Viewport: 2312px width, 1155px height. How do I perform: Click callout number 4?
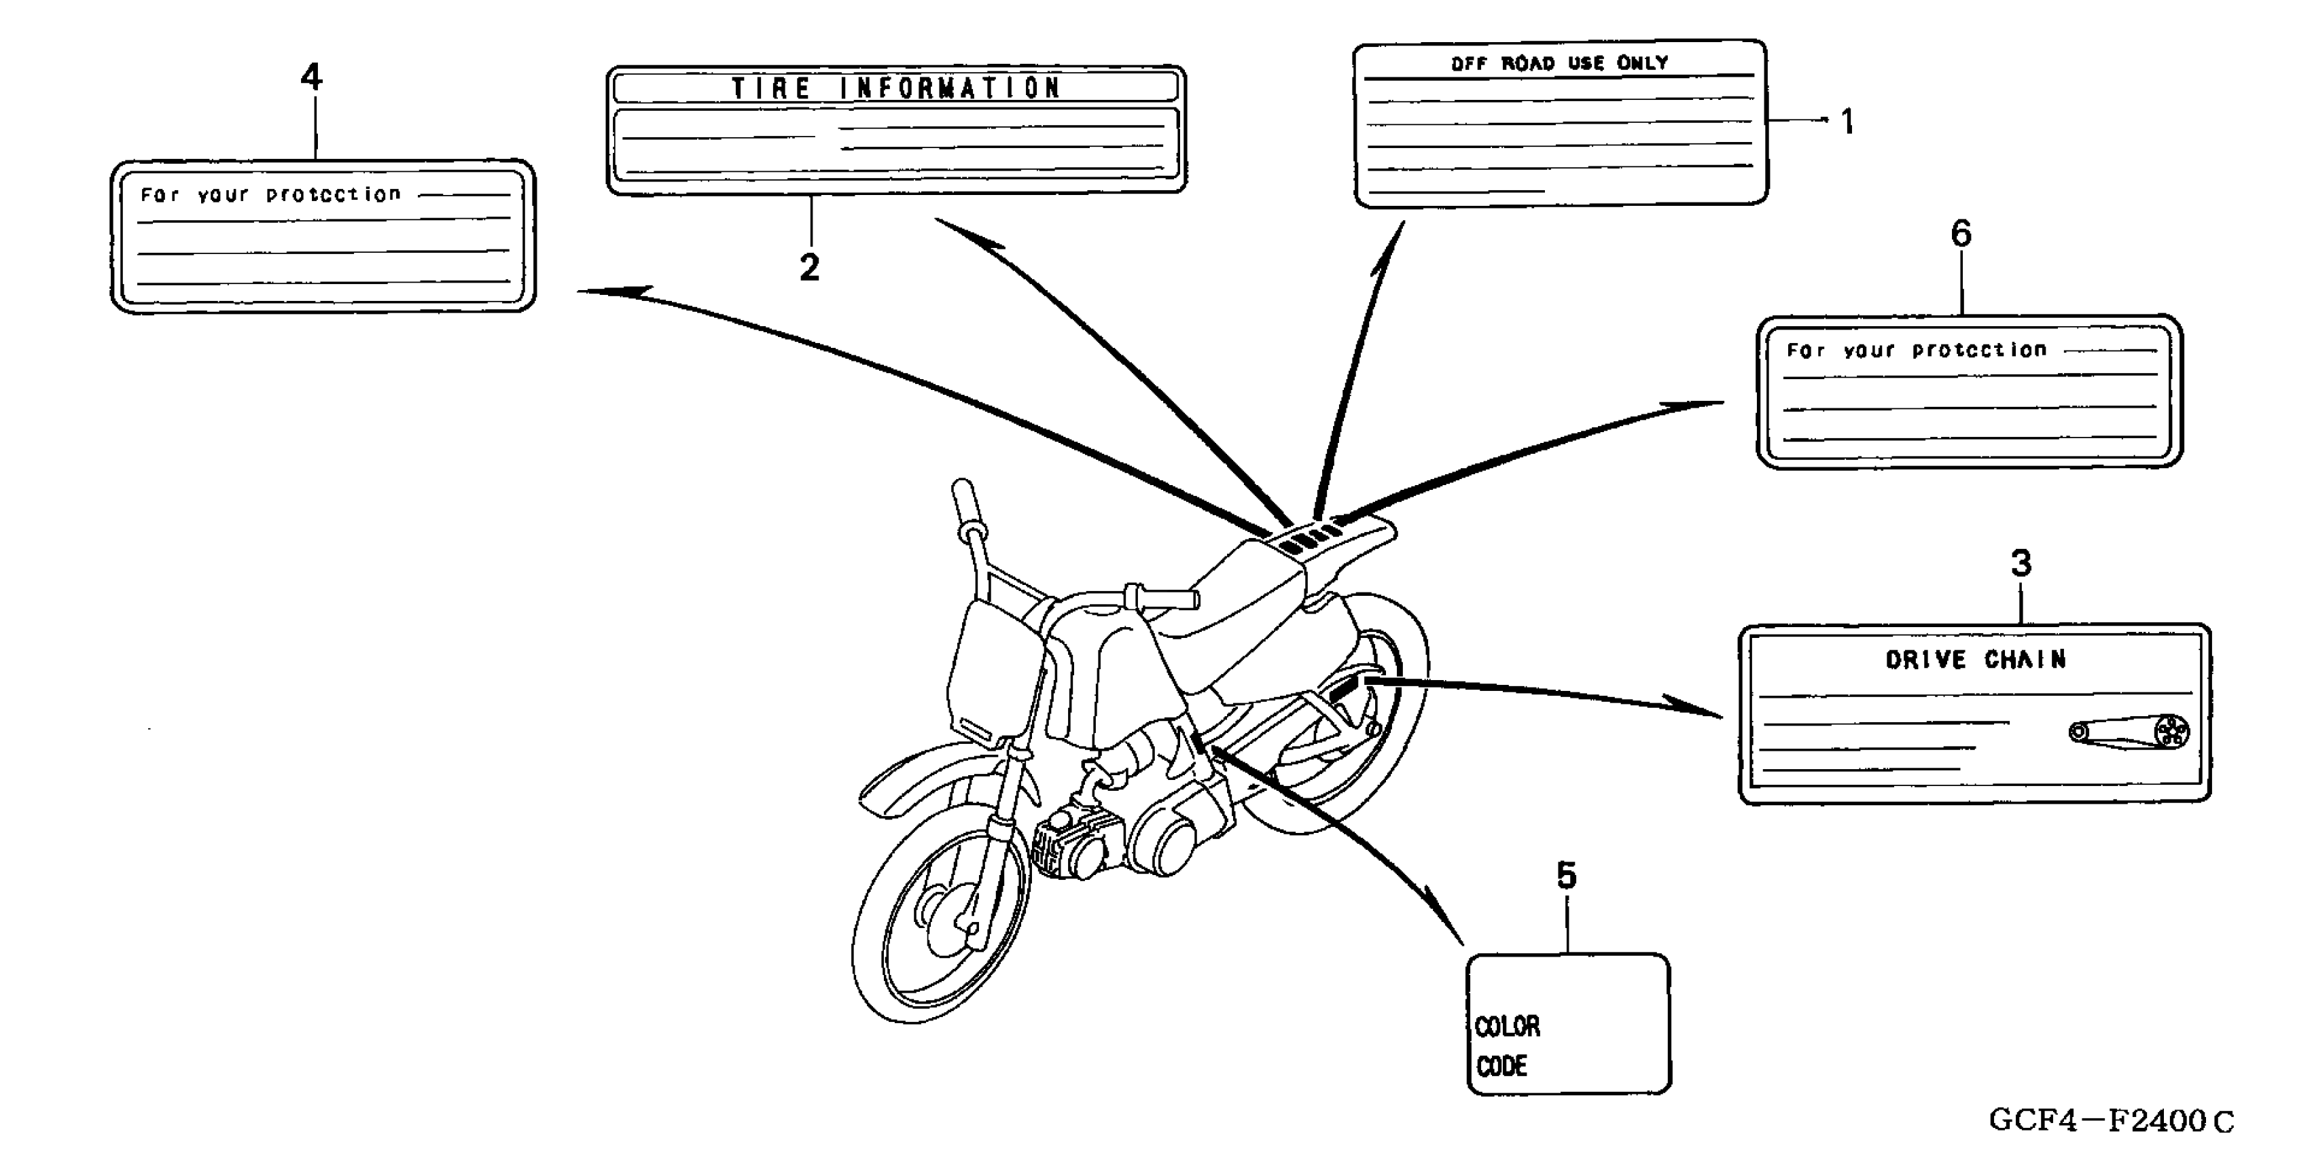pyautogui.click(x=310, y=77)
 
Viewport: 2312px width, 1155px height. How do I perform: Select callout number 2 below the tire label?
pyautogui.click(x=808, y=268)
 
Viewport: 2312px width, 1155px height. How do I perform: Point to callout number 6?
pyautogui.click(x=1961, y=234)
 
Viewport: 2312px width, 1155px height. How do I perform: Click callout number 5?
pyautogui.click(x=1566, y=875)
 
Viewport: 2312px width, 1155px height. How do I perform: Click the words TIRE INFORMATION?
pyautogui.click(x=895, y=88)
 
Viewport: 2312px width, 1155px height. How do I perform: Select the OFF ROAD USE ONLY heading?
pyautogui.click(x=1559, y=63)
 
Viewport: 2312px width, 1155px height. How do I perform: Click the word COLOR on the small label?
pyautogui.click(x=1508, y=1026)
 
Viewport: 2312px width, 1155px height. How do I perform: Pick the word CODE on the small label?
pyautogui.click(x=1501, y=1066)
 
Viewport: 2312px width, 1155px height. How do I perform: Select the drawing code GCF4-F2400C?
pyautogui.click(x=2111, y=1120)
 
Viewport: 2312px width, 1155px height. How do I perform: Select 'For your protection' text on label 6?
pyautogui.click(x=1916, y=350)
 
